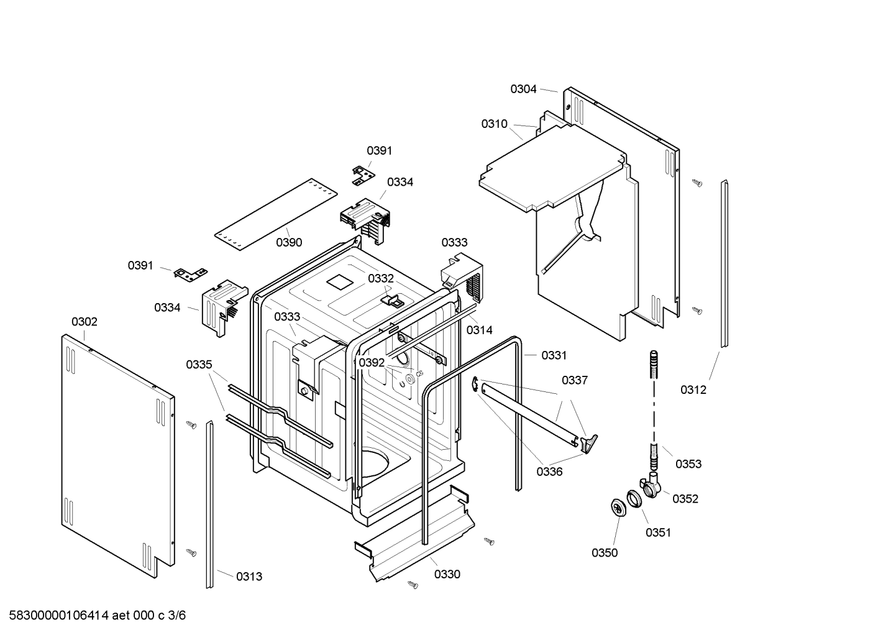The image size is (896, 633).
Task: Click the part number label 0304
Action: click(x=523, y=89)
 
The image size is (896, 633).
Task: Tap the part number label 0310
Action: click(x=494, y=124)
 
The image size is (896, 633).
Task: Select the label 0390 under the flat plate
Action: click(x=289, y=242)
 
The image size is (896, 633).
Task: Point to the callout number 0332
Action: click(x=380, y=278)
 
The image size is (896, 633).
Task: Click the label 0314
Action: click(x=479, y=330)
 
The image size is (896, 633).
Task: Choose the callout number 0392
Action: click(x=372, y=362)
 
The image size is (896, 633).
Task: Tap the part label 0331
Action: click(x=554, y=355)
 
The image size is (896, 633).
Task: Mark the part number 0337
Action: click(x=575, y=380)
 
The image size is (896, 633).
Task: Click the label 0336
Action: click(x=549, y=471)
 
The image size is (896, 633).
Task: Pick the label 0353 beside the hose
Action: click(x=688, y=463)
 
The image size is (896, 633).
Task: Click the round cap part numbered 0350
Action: click(x=618, y=507)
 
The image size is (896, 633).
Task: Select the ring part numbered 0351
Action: click(x=634, y=498)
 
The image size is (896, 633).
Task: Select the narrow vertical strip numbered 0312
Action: click(x=724, y=264)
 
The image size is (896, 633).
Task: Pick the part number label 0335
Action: click(x=199, y=365)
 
